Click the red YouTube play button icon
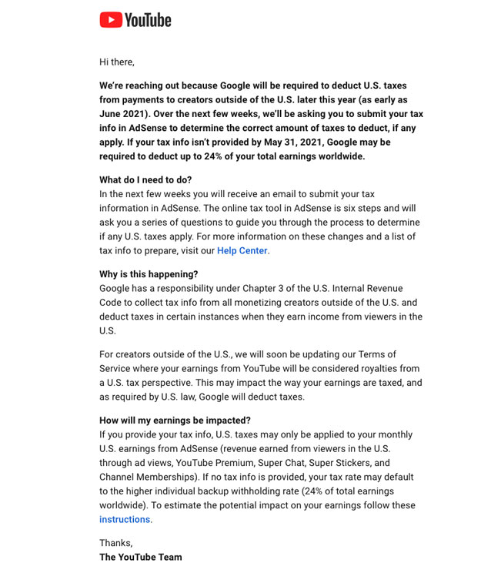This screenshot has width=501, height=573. pos(111,19)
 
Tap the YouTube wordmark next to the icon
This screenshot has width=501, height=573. pos(148,19)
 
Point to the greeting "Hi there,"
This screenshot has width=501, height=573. pos(117,62)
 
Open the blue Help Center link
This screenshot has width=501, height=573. pos(242,250)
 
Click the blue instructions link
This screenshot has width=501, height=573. pos(125,519)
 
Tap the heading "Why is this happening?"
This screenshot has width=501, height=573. pos(149,274)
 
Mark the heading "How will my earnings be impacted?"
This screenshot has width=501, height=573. pos(175,421)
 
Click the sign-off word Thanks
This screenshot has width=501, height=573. pos(115,542)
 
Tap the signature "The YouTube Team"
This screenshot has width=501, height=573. pos(141,557)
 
